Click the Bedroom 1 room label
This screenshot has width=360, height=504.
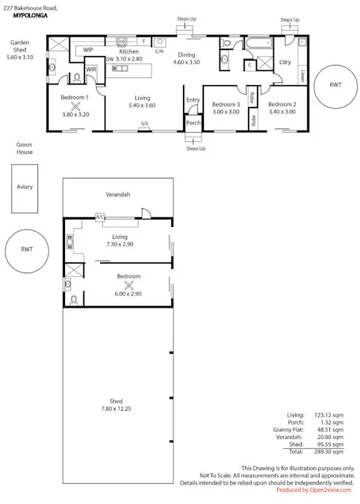[x=75, y=98]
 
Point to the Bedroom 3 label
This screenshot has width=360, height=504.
[x=226, y=105]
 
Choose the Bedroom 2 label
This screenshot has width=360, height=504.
[x=282, y=105]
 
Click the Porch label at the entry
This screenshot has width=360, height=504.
[x=193, y=123]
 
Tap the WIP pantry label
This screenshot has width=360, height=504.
[x=88, y=50]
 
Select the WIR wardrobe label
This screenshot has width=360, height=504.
[x=91, y=70]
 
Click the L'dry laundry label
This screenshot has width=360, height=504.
[x=285, y=62]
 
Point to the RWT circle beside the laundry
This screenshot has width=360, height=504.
[x=335, y=85]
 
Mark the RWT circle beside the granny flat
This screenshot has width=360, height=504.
[x=27, y=250]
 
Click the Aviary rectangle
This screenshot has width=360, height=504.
[x=25, y=187]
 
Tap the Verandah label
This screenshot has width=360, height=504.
[x=117, y=195]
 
